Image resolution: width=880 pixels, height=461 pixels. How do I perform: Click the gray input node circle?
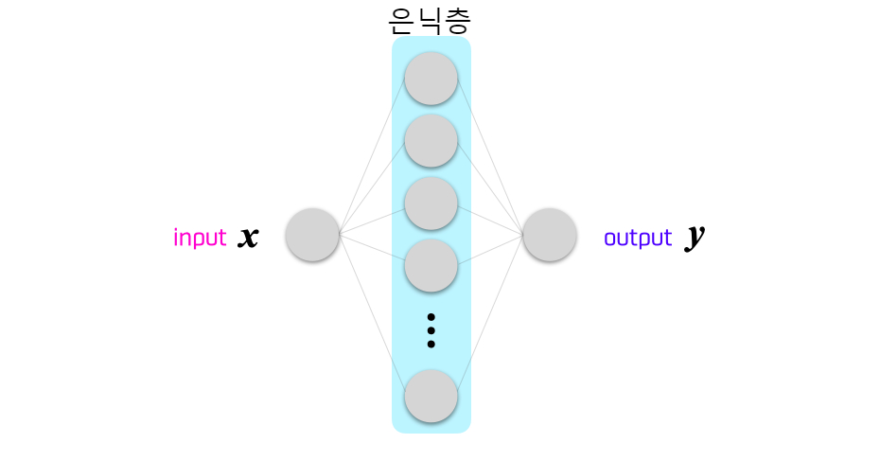[312, 235]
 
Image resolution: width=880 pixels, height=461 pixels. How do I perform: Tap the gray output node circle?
[550, 235]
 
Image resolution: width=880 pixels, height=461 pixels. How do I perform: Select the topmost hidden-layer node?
[431, 79]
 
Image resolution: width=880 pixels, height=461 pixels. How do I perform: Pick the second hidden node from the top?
[431, 141]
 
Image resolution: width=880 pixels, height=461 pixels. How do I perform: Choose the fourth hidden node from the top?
[431, 265]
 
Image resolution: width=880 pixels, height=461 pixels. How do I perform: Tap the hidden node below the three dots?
[431, 396]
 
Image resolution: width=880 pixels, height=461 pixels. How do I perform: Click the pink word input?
[200, 238]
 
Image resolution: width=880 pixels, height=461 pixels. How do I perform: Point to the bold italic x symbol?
[248, 236]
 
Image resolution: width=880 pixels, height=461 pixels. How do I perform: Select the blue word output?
[638, 238]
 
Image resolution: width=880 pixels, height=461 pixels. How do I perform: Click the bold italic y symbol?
[695, 237]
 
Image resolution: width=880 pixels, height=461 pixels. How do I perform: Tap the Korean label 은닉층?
[430, 19]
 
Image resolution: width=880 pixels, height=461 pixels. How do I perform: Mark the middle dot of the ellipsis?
[431, 330]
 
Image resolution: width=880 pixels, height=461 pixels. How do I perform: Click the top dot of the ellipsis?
[431, 317]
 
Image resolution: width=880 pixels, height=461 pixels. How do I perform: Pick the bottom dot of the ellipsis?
[431, 344]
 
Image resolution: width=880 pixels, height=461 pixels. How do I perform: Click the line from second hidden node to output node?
[491, 187]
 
